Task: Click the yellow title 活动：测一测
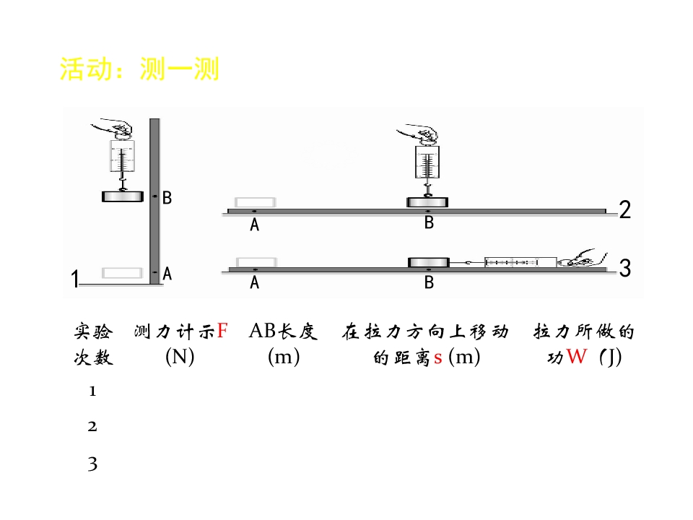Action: [x=139, y=69]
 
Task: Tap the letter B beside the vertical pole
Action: [x=167, y=198]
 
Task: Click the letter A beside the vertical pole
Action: [x=167, y=274]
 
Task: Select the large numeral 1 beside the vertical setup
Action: [x=74, y=279]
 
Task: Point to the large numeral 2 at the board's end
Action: [x=625, y=209]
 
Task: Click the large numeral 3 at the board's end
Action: [x=625, y=268]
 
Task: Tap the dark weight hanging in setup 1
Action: [x=123, y=196]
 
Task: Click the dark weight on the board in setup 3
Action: [x=428, y=263]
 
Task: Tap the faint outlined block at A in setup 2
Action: [x=255, y=202]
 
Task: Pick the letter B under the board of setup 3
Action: [x=429, y=282]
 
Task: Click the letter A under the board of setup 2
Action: [x=254, y=225]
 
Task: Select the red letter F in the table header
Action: [x=222, y=330]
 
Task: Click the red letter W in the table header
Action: [x=577, y=356]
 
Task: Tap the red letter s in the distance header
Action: [x=437, y=358]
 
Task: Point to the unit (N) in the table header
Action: [x=180, y=357]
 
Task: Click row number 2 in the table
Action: [x=92, y=427]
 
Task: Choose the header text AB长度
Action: [x=283, y=331]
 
